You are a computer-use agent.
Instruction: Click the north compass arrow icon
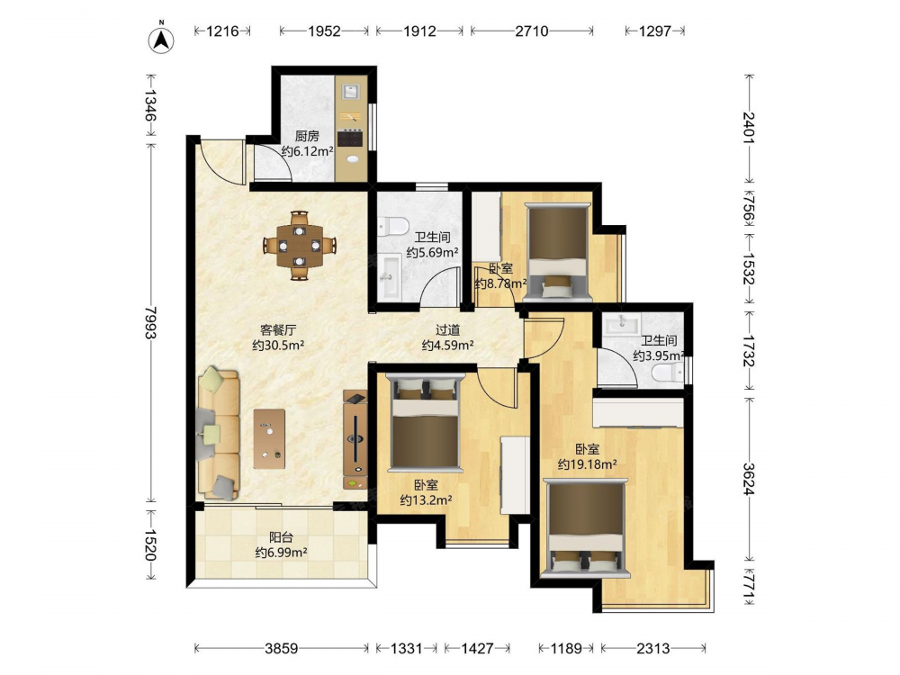coord(162,38)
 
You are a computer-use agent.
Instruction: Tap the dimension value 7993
coord(149,322)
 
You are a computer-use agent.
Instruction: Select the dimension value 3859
coord(281,649)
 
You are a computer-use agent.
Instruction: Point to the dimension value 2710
coord(532,31)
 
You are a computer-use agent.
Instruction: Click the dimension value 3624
coord(749,479)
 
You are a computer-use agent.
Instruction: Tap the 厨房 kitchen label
coord(307,136)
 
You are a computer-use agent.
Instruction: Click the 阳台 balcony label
coord(281,537)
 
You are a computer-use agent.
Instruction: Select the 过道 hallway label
coord(447,330)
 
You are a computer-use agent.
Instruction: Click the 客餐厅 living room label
coord(278,330)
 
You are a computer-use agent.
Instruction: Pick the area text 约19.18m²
coord(587,464)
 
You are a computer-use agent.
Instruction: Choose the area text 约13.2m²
coord(426,499)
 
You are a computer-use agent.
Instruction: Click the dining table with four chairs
coord(299,246)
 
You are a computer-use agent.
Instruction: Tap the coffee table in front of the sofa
coord(269,439)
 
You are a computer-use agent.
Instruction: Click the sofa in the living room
coord(218,434)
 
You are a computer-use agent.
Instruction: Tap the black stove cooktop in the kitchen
coord(351,138)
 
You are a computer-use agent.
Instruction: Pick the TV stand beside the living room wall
coord(355,439)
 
